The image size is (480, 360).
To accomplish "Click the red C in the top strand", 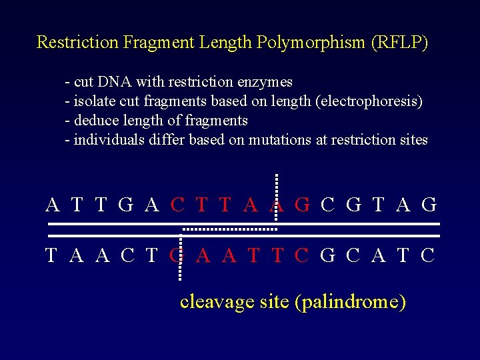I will click(x=177, y=205).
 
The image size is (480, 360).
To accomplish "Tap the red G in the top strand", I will click(x=302, y=205).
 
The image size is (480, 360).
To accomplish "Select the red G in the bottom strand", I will click(x=177, y=255).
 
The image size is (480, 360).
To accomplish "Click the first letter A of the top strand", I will click(x=53, y=205).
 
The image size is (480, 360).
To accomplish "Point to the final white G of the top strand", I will click(x=429, y=205).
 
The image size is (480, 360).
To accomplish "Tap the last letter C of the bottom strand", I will click(x=428, y=255).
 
